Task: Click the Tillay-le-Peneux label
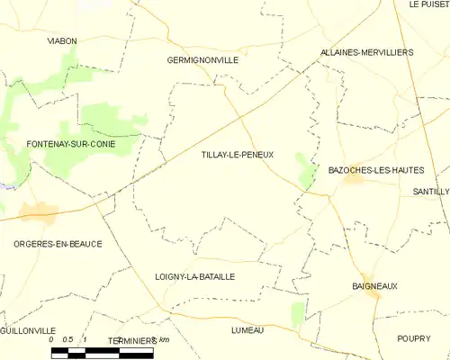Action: pyautogui.click(x=238, y=155)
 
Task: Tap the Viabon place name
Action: pyautogui.click(x=62, y=41)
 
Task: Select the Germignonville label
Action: pyautogui.click(x=202, y=60)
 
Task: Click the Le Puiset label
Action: pyautogui.click(x=427, y=4)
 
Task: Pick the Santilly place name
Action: pyautogui.click(x=430, y=193)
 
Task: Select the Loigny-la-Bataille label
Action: pyautogui.click(x=194, y=277)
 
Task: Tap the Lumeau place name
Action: pyautogui.click(x=247, y=330)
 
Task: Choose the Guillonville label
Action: pyautogui.click(x=28, y=331)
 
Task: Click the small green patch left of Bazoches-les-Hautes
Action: pyautogui.click(x=308, y=175)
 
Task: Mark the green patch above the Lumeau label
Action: pyautogui.click(x=298, y=314)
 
